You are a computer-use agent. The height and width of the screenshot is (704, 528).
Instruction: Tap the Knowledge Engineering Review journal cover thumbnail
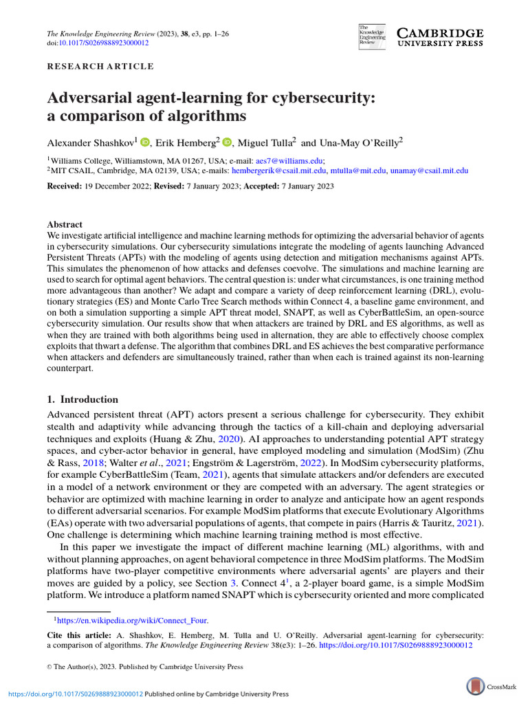[x=372, y=37]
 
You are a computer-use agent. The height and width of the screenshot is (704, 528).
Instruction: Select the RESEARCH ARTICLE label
[x=100, y=67]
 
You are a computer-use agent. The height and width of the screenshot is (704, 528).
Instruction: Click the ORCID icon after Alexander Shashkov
[x=144, y=142]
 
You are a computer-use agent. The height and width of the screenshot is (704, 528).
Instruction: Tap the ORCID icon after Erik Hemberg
[x=228, y=142]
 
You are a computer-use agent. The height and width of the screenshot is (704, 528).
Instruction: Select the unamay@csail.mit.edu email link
[x=429, y=170]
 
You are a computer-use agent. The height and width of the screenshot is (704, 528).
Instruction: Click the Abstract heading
[x=65, y=225]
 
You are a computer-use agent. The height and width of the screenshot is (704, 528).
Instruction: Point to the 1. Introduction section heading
[x=82, y=399]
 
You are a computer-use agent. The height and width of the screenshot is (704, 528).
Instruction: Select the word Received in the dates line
[x=65, y=187]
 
